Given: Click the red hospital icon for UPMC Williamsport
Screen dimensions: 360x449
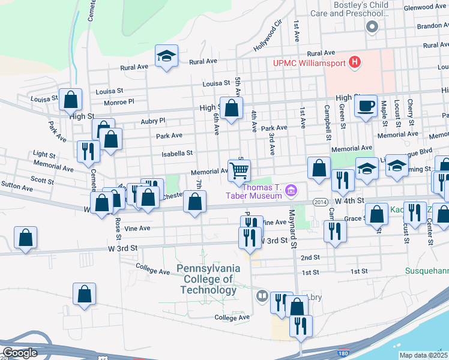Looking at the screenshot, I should [355, 61].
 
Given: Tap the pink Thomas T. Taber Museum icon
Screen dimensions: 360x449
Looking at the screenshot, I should [291, 191].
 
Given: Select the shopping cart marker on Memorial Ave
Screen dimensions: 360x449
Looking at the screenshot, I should [239, 170].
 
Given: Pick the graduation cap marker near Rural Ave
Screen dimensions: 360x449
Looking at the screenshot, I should [166, 56].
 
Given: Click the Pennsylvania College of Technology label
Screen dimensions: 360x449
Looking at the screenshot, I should [208, 279].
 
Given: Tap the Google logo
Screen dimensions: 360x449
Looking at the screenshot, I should [20, 353].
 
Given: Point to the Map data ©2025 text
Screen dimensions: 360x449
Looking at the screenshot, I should [424, 355].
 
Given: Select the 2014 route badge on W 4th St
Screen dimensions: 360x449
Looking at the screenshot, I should [319, 203].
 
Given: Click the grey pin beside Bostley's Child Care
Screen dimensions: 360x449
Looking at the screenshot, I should [372, 26].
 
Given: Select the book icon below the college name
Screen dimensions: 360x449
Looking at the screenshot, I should [262, 295].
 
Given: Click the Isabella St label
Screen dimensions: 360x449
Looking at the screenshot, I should [177, 154].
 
